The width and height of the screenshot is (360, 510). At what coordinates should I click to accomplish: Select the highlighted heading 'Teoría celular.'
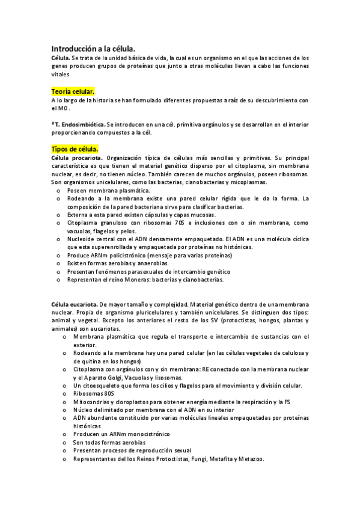(73, 91)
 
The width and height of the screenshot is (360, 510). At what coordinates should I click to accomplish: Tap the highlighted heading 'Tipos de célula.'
(75, 147)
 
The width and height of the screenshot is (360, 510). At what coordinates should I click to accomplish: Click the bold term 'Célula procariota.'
(76, 157)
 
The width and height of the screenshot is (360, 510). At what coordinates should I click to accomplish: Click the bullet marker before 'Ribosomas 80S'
(65, 393)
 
